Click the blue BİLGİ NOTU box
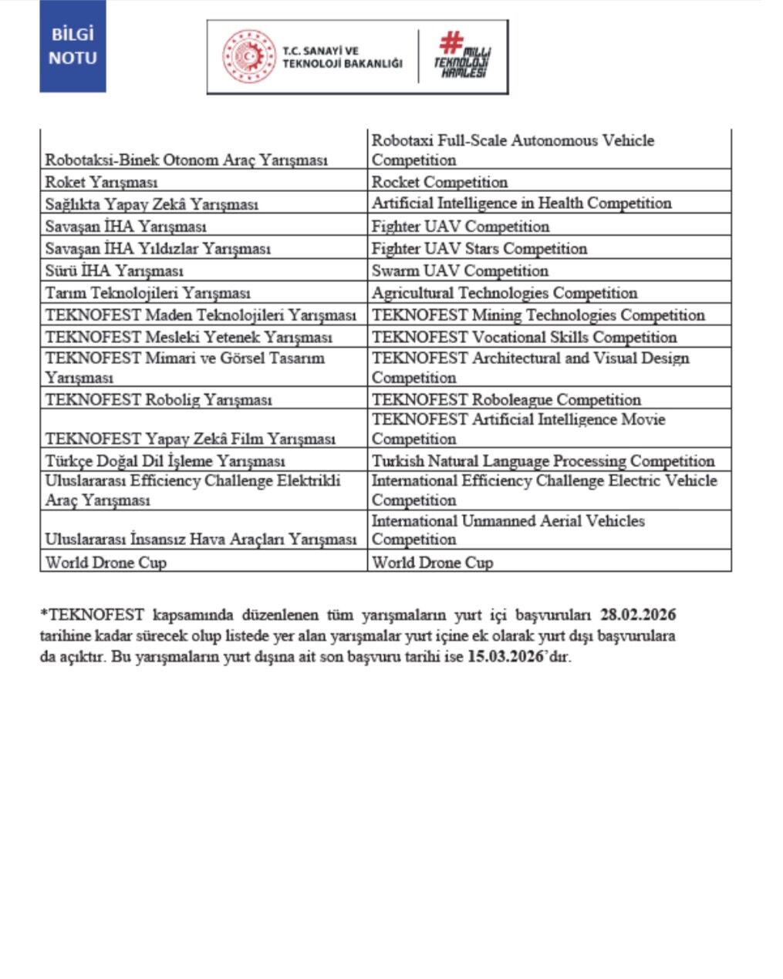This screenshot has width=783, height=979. click(73, 46)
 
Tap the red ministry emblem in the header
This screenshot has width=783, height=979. click(248, 57)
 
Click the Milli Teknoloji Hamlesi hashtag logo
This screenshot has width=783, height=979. click(461, 55)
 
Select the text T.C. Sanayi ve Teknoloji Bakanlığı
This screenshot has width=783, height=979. click(342, 57)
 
